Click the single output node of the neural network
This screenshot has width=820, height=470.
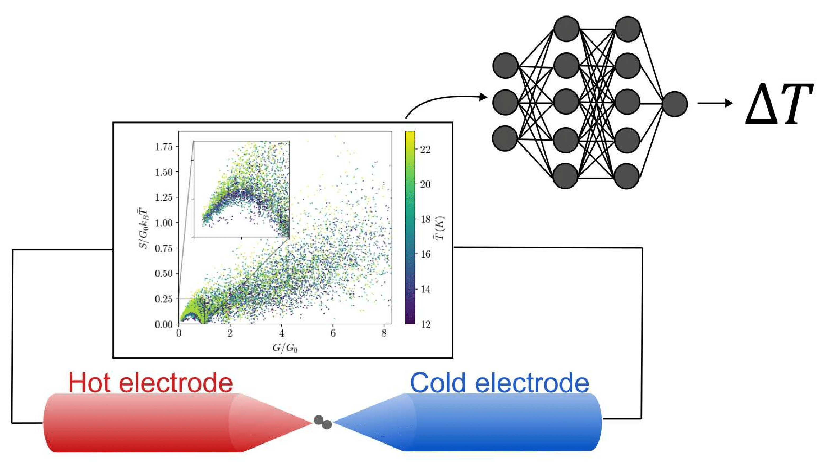675,104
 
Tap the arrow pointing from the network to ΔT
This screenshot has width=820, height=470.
714,103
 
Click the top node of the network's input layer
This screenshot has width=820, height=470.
505,66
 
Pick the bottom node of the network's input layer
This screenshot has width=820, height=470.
505,138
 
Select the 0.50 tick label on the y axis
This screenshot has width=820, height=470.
164,273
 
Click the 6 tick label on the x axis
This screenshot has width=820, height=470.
333,333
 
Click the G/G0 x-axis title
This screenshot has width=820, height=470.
285,348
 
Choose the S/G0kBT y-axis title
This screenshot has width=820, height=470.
143,227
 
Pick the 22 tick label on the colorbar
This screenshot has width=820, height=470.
425,149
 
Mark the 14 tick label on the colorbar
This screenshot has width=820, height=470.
425,289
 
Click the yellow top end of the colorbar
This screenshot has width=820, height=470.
410,134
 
